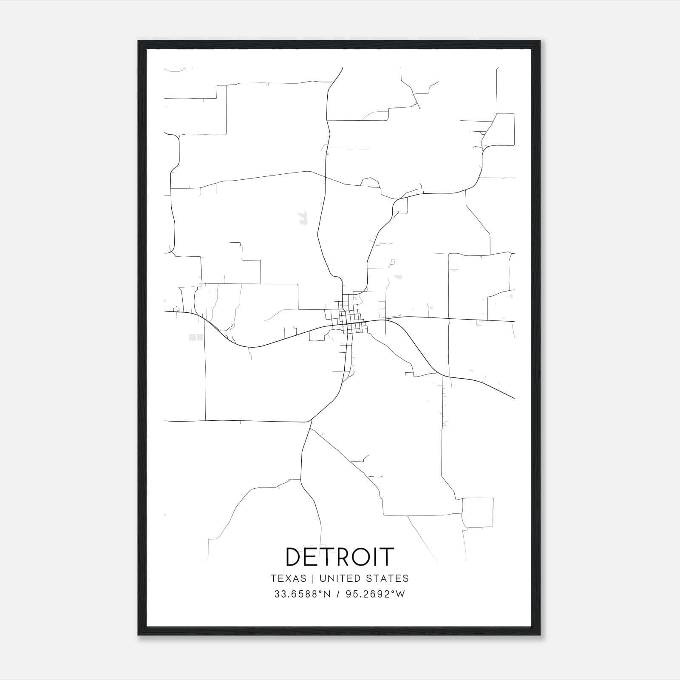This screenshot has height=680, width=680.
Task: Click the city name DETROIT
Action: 340,557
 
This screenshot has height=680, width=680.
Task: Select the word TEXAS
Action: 288,578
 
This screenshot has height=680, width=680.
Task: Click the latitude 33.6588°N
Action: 302,594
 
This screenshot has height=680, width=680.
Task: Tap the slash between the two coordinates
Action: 338,594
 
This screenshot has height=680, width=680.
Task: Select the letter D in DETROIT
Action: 295,557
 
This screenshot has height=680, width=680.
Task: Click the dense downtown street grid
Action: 351,321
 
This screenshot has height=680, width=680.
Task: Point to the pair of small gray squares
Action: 195,337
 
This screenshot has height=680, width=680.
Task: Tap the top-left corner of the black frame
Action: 139,42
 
